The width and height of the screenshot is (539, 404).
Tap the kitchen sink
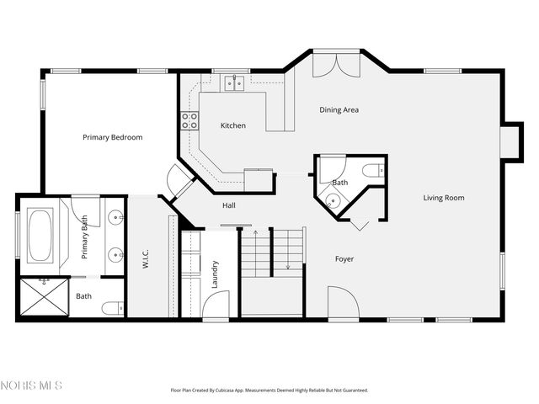[233, 82]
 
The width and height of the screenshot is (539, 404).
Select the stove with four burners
[189, 120]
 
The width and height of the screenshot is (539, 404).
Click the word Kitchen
[233, 125]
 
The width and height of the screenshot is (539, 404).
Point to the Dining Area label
[339, 109]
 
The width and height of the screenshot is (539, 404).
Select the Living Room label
[444, 198]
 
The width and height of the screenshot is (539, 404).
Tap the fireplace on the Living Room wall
[509, 142]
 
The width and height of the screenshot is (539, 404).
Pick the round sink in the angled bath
[333, 200]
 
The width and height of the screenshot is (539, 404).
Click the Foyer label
[344, 258]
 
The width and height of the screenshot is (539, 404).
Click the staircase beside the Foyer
[272, 252]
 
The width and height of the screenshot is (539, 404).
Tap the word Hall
[228, 205]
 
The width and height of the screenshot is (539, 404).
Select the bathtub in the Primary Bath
[40, 236]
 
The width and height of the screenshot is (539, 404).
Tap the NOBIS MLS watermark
[32, 385]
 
